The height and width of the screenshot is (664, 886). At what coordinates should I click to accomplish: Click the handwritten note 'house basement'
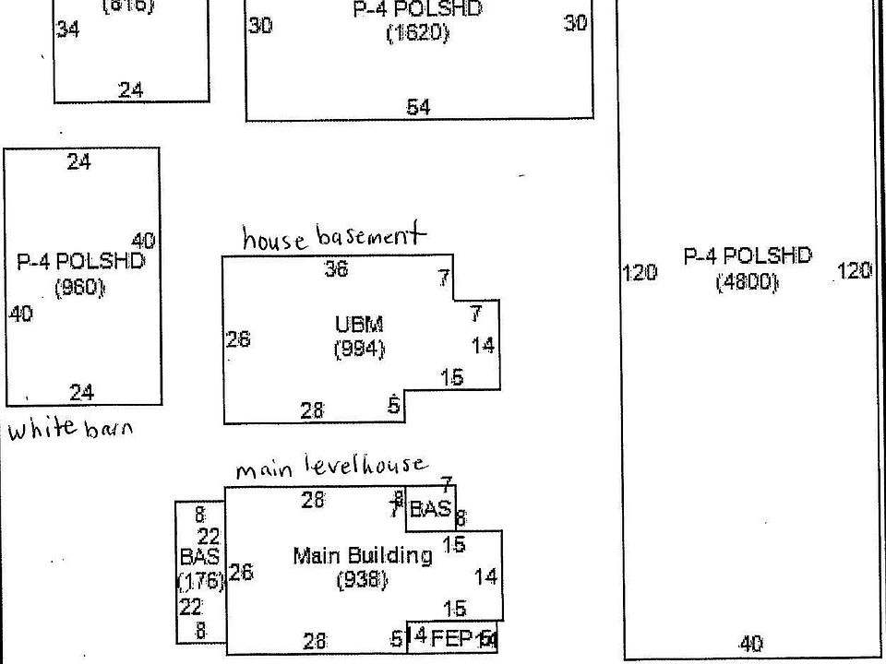tap(334, 237)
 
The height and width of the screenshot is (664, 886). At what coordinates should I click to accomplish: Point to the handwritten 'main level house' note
tap(331, 468)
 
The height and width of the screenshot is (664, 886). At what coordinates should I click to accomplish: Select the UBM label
tap(359, 325)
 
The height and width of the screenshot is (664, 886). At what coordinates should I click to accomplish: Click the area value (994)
tap(359, 350)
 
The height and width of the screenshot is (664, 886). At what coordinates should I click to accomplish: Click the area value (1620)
tap(417, 34)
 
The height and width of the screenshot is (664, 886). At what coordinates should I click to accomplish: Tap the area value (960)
tap(80, 288)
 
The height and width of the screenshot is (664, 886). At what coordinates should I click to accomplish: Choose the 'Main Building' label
tap(362, 556)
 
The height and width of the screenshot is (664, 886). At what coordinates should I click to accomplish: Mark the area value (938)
tap(362, 580)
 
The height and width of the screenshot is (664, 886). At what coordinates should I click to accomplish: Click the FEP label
tap(452, 637)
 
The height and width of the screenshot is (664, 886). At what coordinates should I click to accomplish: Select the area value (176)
tap(199, 581)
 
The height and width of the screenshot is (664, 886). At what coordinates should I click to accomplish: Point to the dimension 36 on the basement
tap(336, 269)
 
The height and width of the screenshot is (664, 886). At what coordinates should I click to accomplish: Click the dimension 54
tap(418, 107)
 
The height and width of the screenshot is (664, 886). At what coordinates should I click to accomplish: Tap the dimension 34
tap(67, 30)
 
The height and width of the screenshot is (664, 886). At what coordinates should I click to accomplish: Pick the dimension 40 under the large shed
tap(751, 644)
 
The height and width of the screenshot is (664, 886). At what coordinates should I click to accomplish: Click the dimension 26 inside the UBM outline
tap(238, 339)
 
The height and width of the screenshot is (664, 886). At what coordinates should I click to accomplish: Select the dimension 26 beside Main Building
tap(241, 573)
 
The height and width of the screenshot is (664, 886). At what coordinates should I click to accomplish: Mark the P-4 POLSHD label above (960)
tap(80, 262)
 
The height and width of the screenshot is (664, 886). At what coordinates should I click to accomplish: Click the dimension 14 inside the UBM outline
tap(483, 346)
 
